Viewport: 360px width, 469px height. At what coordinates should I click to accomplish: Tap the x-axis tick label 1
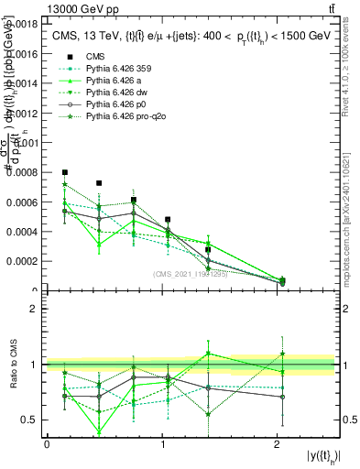162,444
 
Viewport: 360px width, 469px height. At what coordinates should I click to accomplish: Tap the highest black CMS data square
65,172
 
